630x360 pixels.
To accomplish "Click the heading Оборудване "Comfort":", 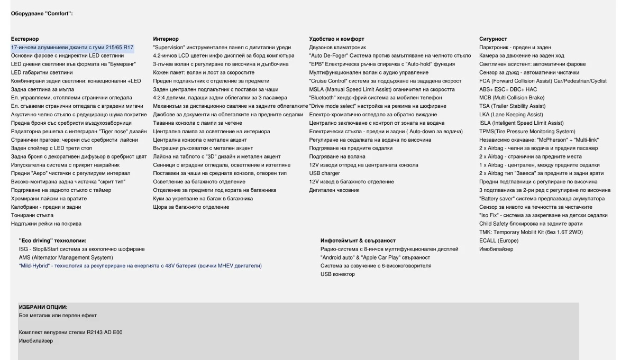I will [x=42, y=13].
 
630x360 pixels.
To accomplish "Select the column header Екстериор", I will [x=25, y=39].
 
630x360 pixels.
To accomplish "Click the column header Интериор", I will [x=166, y=39].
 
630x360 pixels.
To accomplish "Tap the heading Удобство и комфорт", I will [x=336, y=39].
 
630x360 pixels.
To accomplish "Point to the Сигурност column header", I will [x=493, y=39].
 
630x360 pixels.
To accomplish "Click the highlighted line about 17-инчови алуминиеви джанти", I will [x=72, y=48].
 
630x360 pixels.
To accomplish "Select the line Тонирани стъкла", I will [x=32, y=215].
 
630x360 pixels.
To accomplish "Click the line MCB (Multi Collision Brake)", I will [x=512, y=98].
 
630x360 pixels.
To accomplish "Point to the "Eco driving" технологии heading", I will [x=52, y=241].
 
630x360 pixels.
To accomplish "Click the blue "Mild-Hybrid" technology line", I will [x=140, y=266].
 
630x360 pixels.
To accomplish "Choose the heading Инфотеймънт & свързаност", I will [x=358, y=241].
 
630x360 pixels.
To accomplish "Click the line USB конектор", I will [x=337, y=274].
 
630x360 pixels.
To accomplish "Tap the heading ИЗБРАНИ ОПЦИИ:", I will [x=43, y=307].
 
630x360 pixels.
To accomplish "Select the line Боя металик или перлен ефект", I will [x=58, y=316].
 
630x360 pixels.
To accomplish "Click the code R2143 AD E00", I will [x=105, y=333].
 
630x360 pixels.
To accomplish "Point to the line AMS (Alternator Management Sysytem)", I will [x=66, y=257].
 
